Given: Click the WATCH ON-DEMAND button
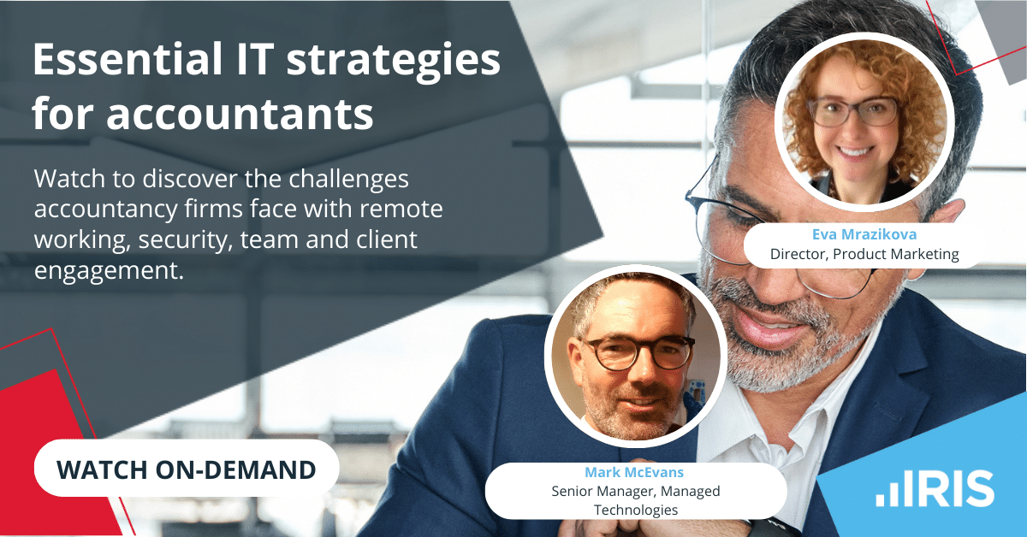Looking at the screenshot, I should click(186, 469).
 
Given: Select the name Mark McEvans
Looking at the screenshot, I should click(634, 472).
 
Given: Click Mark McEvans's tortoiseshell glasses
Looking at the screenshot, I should click(638, 351).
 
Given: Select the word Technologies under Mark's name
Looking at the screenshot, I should click(635, 510).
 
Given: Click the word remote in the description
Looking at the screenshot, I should click(406, 210).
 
